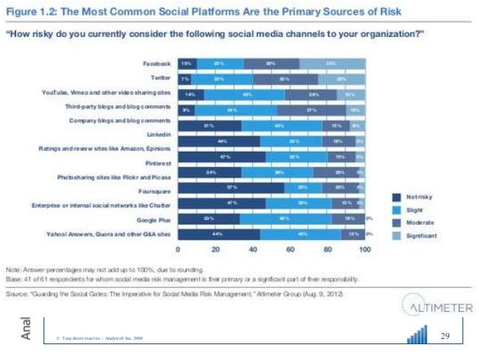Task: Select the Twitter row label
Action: coord(160,78)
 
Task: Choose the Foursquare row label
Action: coord(155,190)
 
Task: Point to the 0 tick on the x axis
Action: coord(179,249)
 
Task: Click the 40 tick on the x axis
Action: coord(253,249)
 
